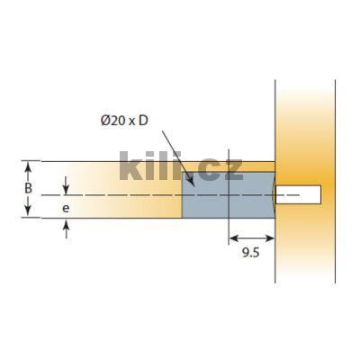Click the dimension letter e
point(67,207)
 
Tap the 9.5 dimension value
point(251,256)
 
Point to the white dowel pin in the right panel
point(299,193)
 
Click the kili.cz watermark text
point(180,166)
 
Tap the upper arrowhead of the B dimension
point(28,166)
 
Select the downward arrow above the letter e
point(67,189)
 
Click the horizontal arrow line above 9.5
point(251,238)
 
